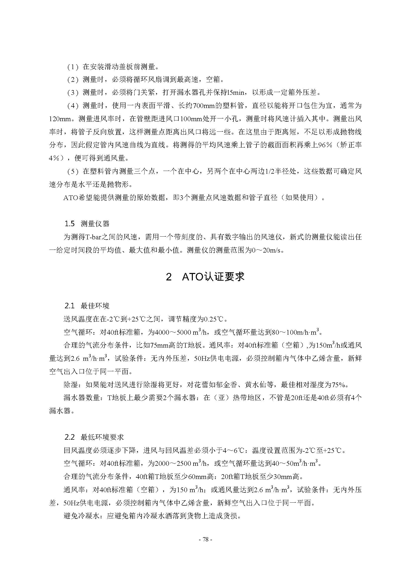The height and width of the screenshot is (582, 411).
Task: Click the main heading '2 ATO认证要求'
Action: (x=205, y=277)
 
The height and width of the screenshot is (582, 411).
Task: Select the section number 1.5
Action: (x=70, y=224)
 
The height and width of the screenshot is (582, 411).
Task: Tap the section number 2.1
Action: (x=70, y=306)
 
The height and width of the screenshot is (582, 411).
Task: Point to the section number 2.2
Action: (x=70, y=437)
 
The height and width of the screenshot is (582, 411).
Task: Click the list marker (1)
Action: (x=73, y=67)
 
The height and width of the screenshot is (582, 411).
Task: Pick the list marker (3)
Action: (x=73, y=93)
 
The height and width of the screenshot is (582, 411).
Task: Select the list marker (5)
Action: (x=73, y=172)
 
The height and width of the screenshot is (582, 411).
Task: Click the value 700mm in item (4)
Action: (x=204, y=106)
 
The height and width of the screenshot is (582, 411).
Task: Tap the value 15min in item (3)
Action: (x=236, y=93)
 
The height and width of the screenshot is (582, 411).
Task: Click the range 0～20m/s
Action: (x=268, y=251)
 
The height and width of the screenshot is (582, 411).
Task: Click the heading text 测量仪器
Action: (x=95, y=224)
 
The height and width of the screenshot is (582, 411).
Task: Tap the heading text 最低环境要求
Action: (x=102, y=437)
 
